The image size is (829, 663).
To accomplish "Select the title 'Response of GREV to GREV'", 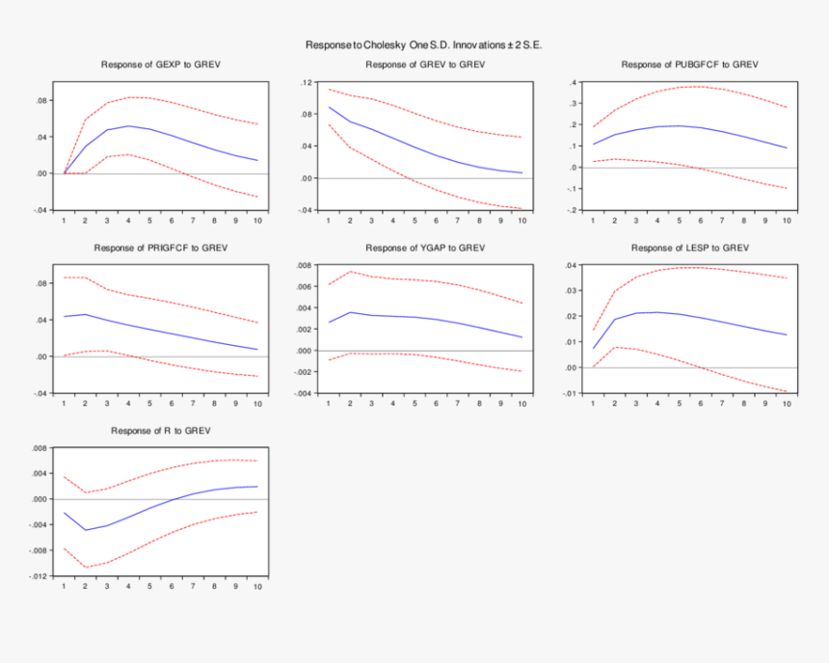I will point(425,65).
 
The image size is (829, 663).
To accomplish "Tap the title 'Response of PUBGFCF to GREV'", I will point(689,65).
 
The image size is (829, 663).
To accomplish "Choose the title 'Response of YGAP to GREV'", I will point(425,248).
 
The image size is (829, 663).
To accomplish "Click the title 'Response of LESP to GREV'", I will point(689,248).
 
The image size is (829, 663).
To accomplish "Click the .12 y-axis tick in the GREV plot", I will point(307,83).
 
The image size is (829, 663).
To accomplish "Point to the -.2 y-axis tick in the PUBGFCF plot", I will point(572,210).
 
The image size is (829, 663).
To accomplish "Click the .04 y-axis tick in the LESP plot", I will point(570,265).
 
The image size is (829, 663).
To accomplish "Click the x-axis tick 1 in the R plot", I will point(64,586).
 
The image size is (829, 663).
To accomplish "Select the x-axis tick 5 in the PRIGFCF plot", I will point(149,403).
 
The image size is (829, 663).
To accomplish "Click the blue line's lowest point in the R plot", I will point(86,530).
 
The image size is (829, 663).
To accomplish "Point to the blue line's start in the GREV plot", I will point(329,107).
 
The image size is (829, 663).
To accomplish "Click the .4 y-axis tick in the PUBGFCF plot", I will point(574,83).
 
